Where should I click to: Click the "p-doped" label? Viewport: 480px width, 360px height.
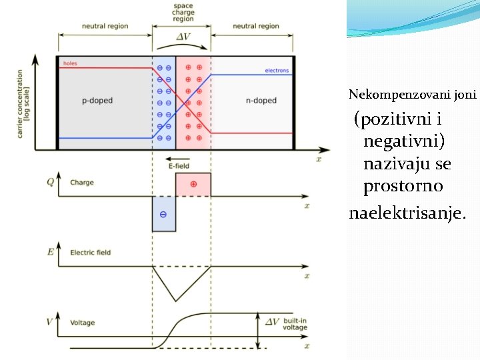[97, 101]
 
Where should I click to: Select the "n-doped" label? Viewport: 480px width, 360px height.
[261, 101]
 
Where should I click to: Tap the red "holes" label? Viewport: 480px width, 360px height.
[70, 64]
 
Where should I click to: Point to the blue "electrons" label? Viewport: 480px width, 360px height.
[277, 71]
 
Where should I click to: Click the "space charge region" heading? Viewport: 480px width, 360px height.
[183, 13]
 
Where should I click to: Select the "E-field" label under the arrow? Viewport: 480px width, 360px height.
[179, 165]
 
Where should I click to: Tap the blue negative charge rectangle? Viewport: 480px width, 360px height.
[164, 214]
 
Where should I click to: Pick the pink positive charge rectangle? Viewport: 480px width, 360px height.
[193, 185]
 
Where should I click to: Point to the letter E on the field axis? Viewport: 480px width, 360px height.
[50, 252]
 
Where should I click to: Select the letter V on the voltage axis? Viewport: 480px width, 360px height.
[49, 322]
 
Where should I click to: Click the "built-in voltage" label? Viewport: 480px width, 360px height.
[295, 324]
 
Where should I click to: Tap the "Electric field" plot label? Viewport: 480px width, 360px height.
[90, 253]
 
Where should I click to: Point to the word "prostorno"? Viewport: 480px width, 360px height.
[403, 186]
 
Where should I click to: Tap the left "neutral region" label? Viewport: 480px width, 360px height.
[105, 26]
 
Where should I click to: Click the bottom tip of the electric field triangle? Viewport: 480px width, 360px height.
[175, 301]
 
